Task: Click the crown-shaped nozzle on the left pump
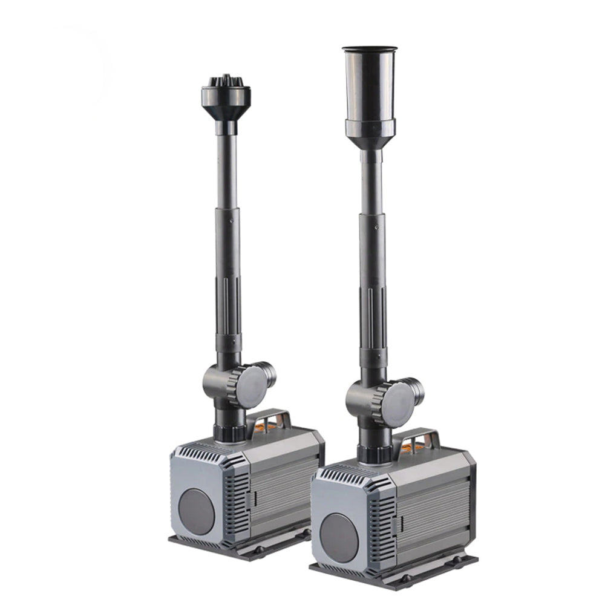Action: [x=226, y=97]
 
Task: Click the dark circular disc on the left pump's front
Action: [x=196, y=511]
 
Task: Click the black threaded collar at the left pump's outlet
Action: [x=229, y=433]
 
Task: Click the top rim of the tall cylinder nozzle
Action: [x=370, y=48]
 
